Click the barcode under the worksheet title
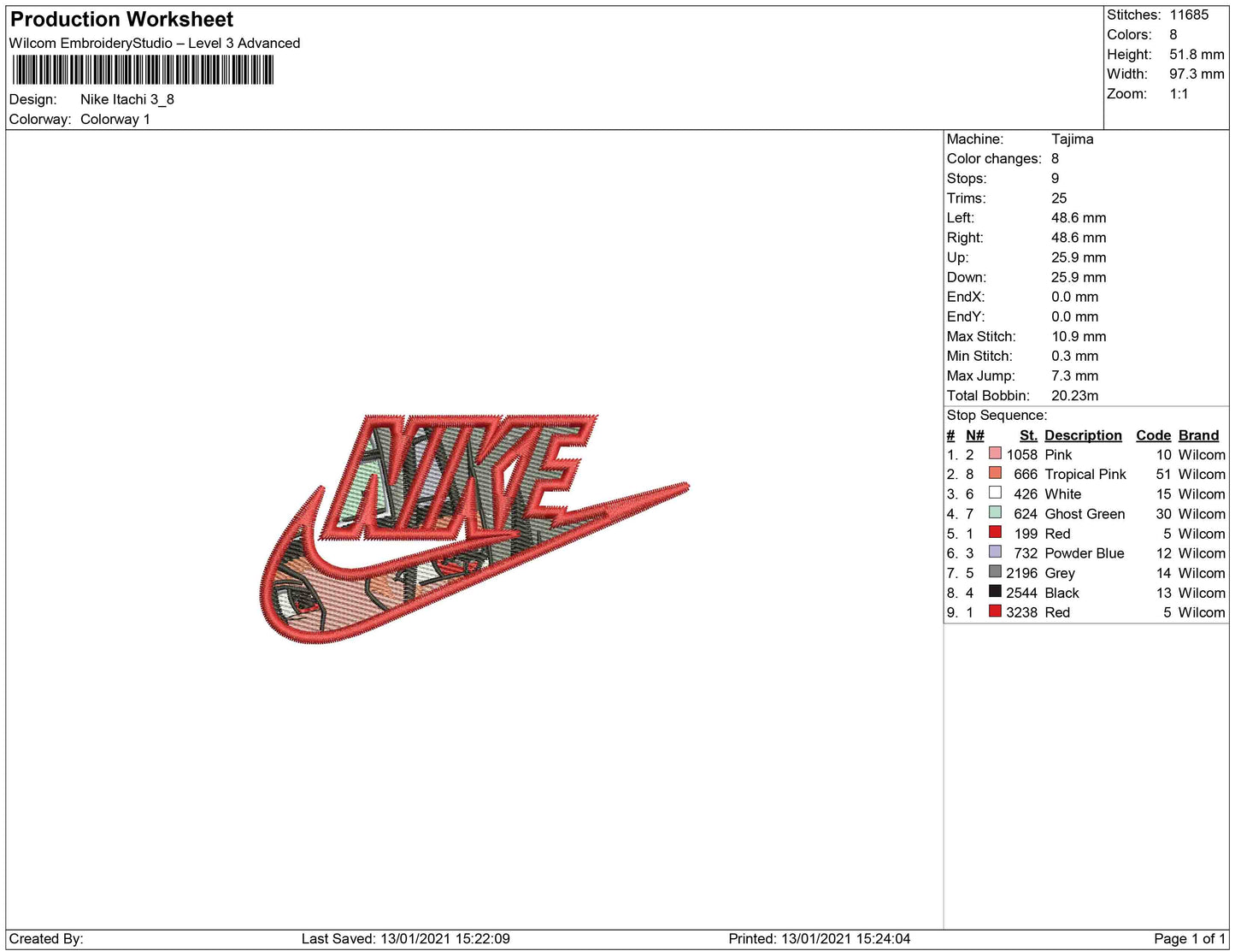[144, 70]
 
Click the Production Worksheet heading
[121, 20]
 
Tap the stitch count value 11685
[1189, 15]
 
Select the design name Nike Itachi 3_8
[127, 99]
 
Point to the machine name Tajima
[1072, 139]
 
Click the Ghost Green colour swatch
[995, 512]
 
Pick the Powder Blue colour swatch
[995, 552]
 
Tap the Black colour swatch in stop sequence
[995, 591]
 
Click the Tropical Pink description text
[1085, 475]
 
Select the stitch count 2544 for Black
[1021, 593]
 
